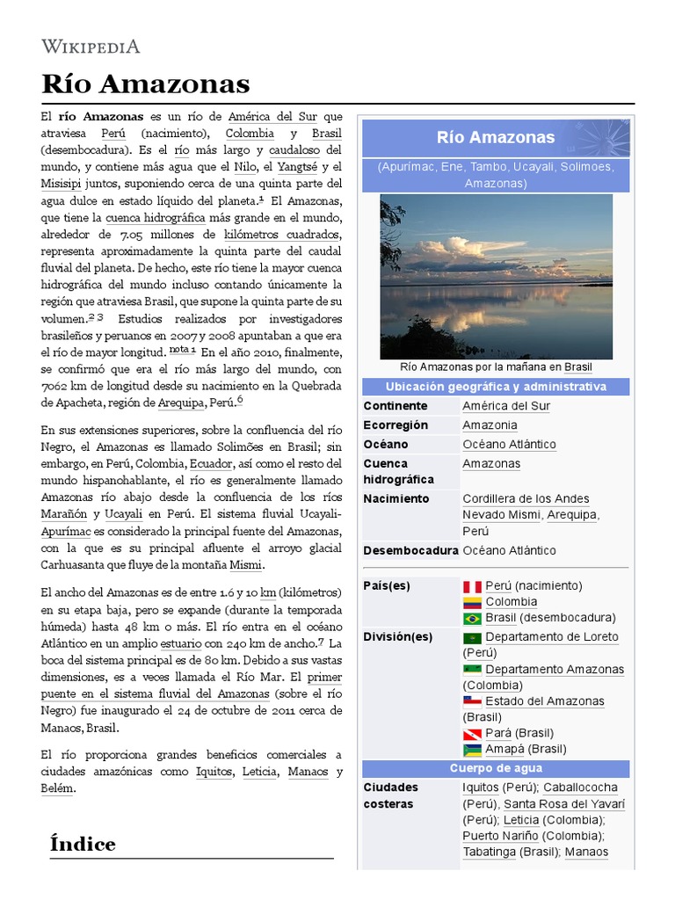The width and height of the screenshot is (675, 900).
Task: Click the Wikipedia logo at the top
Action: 91,47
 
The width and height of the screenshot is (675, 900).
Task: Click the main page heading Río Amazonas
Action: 146,84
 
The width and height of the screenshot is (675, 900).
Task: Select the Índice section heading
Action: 83,844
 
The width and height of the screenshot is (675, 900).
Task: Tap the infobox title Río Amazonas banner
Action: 496,137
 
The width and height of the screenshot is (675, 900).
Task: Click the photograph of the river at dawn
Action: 496,276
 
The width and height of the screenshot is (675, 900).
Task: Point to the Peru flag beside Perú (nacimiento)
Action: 472,586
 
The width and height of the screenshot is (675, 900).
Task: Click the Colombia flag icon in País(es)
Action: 472,602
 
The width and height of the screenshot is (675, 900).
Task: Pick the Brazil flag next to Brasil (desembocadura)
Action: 472,618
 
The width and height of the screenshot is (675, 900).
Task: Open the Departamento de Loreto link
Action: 551,637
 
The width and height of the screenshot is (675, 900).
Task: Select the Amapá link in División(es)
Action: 505,749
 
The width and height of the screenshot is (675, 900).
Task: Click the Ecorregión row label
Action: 396,425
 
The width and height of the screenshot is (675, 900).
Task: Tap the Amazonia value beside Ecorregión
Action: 490,425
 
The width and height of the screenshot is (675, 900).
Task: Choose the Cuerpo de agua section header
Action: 496,768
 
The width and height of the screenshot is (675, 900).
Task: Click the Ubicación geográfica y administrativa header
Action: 496,387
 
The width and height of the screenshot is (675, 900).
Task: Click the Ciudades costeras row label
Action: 390,795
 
